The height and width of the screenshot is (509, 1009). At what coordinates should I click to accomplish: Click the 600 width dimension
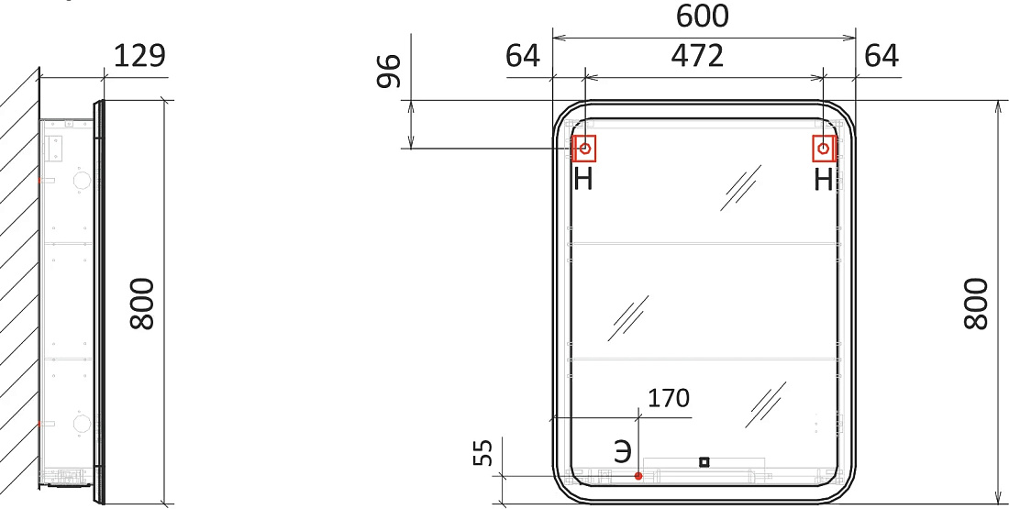[x=702, y=17]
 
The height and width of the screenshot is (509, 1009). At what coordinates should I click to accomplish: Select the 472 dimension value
[x=697, y=56]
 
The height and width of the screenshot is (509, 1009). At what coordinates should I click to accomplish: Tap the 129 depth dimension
[x=139, y=56]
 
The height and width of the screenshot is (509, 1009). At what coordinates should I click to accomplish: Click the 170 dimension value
[x=668, y=398]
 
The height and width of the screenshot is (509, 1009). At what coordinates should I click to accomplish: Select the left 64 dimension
[x=523, y=56]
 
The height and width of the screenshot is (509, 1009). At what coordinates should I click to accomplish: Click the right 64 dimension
[x=881, y=56]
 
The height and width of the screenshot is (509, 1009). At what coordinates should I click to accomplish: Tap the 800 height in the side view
[x=142, y=304]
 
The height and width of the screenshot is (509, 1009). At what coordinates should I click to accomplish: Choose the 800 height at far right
[x=976, y=304]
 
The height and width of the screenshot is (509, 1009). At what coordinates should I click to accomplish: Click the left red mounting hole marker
[x=585, y=149]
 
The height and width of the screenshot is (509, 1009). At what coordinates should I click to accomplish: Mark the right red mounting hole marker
[x=824, y=149]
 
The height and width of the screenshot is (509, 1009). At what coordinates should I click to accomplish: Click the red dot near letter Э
[x=638, y=476]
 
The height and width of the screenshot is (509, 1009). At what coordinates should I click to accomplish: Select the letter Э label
[x=622, y=452]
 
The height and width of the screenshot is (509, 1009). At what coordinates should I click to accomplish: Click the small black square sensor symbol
[x=704, y=461]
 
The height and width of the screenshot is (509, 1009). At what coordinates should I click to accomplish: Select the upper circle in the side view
[x=82, y=181]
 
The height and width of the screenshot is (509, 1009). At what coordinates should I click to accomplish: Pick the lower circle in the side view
[x=82, y=424]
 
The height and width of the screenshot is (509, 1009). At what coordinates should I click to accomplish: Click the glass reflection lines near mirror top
[x=740, y=188]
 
